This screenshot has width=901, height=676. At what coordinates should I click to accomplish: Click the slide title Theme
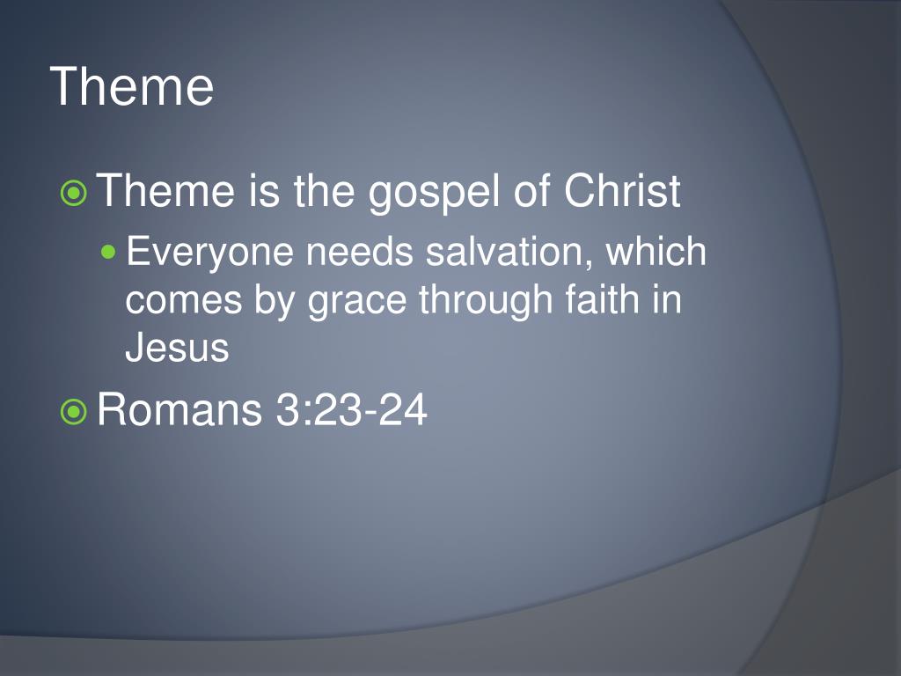click(132, 86)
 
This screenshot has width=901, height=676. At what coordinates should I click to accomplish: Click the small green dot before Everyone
click(109, 253)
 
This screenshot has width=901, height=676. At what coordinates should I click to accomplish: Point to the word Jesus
click(177, 348)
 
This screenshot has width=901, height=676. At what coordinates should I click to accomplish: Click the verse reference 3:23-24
click(352, 410)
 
